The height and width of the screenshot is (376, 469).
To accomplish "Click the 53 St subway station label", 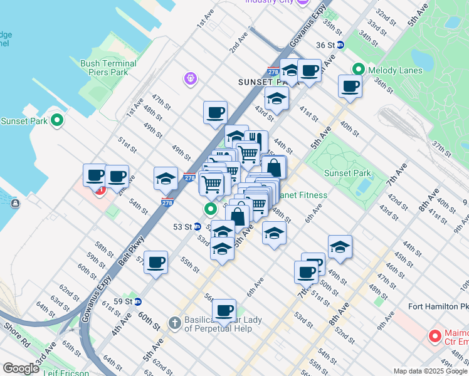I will [182, 227].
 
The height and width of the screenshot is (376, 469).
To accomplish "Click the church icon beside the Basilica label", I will [176, 323].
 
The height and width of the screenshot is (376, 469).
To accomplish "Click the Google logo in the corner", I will [21, 368].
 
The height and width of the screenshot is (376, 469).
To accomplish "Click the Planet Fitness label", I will [303, 195].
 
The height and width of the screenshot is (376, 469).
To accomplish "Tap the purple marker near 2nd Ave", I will [191, 78].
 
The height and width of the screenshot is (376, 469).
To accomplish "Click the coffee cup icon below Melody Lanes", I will [350, 86].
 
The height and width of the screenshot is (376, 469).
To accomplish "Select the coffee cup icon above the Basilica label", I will [224, 310].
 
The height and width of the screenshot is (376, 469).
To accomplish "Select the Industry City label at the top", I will [269, 2].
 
